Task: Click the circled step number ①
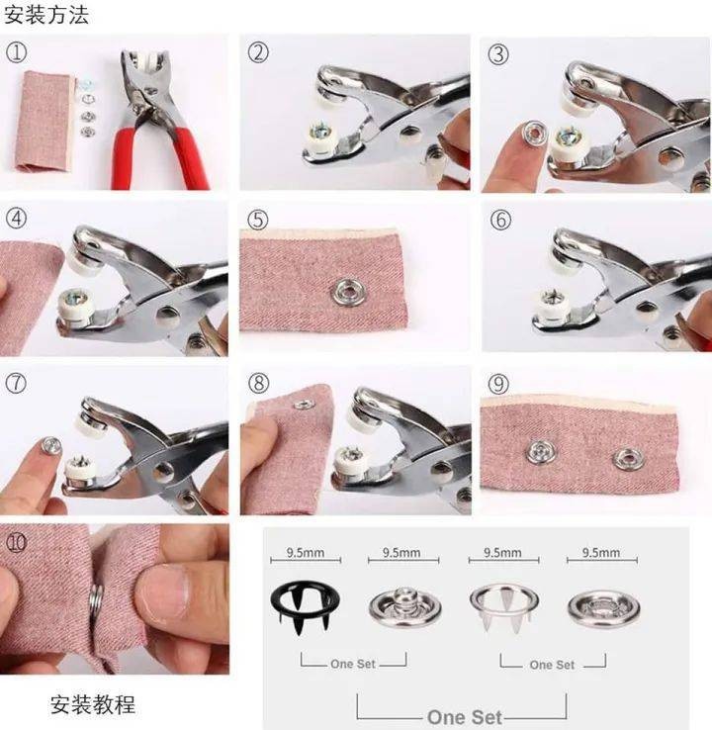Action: pyautogui.click(x=16, y=52)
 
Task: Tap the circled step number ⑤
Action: pyautogui.click(x=258, y=220)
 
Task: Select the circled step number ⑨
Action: pyautogui.click(x=498, y=384)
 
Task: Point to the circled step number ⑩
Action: pyautogui.click(x=16, y=542)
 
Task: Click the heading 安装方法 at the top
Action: pyautogui.click(x=46, y=15)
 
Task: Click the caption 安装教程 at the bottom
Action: pyautogui.click(x=93, y=704)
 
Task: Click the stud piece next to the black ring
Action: pyautogui.click(x=404, y=605)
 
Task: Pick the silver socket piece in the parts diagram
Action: pyautogui.click(x=603, y=607)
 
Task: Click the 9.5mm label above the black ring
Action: pyautogui.click(x=306, y=553)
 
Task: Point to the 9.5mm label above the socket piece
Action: pyautogui.click(x=601, y=553)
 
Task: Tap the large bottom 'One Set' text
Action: pyautogui.click(x=464, y=717)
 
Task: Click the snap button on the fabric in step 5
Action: pyautogui.click(x=348, y=292)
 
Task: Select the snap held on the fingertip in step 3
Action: pyautogui.click(x=535, y=133)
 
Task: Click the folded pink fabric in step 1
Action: pyautogui.click(x=45, y=121)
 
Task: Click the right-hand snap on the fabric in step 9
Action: pyautogui.click(x=629, y=459)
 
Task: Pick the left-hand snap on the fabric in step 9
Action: pyautogui.click(x=542, y=451)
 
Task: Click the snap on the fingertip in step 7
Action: pyautogui.click(x=51, y=445)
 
